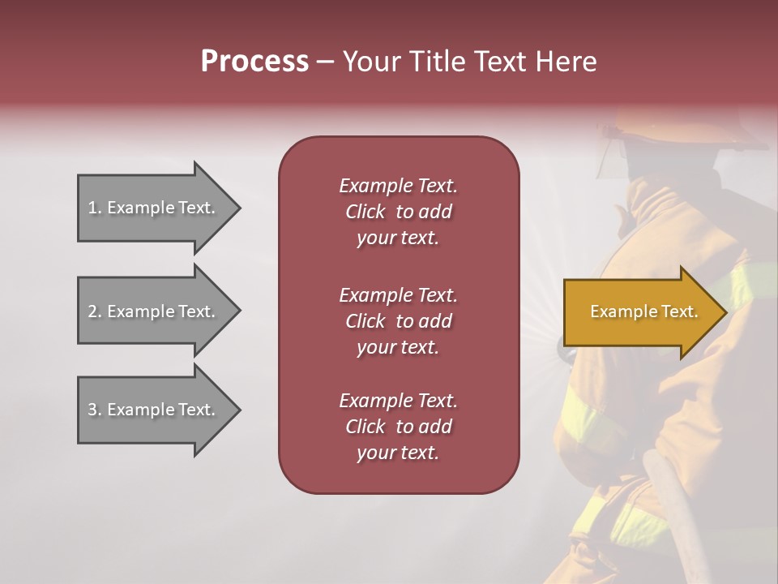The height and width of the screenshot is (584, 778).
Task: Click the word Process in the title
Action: coord(254,62)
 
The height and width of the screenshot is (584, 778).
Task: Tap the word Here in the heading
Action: coord(566,62)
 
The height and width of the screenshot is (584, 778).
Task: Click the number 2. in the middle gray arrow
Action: coord(95,311)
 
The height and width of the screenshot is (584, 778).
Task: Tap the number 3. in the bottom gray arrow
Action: coord(95,410)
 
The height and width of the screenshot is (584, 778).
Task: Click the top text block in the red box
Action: coord(398,212)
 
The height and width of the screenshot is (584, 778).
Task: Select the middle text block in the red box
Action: coord(398,320)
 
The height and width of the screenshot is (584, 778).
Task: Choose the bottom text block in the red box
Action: coord(398,427)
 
